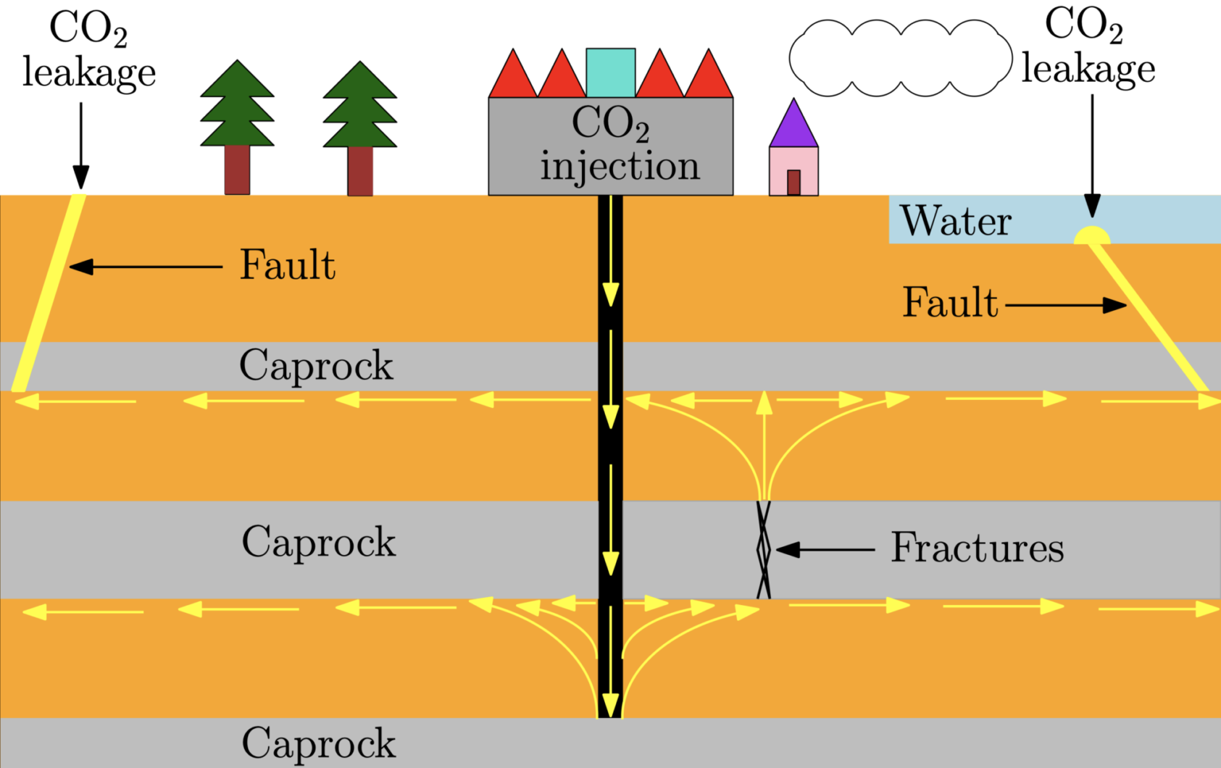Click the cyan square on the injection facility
pyautogui.click(x=610, y=72)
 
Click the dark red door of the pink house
pyautogui.click(x=793, y=182)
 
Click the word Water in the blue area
pyautogui.click(x=955, y=221)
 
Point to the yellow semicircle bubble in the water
pyautogui.click(x=1091, y=236)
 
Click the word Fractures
pyautogui.click(x=977, y=548)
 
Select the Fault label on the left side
pyautogui.click(x=287, y=265)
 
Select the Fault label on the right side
pyautogui.click(x=949, y=303)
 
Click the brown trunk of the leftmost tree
pyautogui.click(x=237, y=170)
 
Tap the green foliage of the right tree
pyautogui.click(x=359, y=109)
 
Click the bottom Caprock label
pyautogui.click(x=318, y=743)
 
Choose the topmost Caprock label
pyautogui.click(x=316, y=366)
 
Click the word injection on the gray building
pyautogui.click(x=620, y=167)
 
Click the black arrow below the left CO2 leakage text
pyautogui.click(x=80, y=145)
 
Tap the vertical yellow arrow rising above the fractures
pyautogui.click(x=764, y=442)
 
